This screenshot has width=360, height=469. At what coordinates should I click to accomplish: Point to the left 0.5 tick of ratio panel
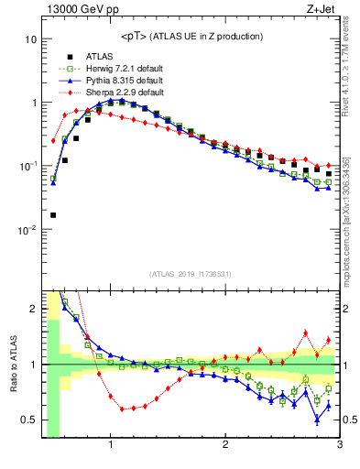pos(29,420)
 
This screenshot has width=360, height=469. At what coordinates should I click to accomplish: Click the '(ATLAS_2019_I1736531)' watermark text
pos(190,273)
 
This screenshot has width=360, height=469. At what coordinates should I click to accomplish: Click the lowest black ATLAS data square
pos(53,214)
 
